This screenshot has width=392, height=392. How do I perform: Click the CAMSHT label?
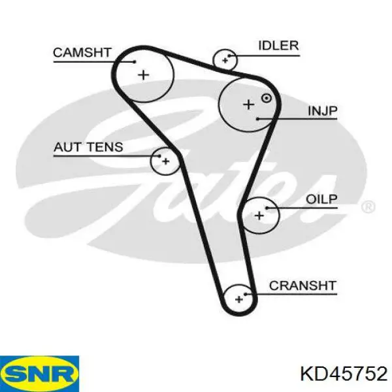tap(82, 53)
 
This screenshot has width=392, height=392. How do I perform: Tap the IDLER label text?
tap(278, 46)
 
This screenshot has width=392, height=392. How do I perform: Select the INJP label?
tap(323, 111)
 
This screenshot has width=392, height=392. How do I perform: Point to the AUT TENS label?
tap(88, 147)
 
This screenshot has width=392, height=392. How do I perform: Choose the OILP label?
tap(321, 199)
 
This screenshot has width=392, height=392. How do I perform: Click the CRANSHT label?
tap(302, 286)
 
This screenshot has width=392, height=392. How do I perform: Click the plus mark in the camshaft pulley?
tap(144, 74)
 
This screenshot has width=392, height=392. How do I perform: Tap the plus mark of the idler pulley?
tap(225, 60)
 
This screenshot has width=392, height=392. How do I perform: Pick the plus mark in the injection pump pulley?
tap(248, 105)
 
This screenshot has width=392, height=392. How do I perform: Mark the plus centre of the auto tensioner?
tap(165, 161)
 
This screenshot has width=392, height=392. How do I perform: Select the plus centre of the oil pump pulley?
tap(259, 216)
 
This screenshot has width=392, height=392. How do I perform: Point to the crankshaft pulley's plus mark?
tap(239, 299)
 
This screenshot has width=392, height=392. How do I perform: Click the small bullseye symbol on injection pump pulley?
tap(267, 98)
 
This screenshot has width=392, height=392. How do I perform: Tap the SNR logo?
tap(39, 374)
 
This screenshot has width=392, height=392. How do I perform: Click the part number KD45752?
tap(344, 374)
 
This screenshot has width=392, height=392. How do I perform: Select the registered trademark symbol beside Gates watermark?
tap(368, 207)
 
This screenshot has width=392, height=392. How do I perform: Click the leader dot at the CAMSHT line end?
tap(135, 62)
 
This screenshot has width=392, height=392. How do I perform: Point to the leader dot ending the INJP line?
tap(258, 119)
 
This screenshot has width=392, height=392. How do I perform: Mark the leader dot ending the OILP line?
tap(267, 208)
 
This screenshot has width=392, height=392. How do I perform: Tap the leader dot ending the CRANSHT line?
tap(246, 294)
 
